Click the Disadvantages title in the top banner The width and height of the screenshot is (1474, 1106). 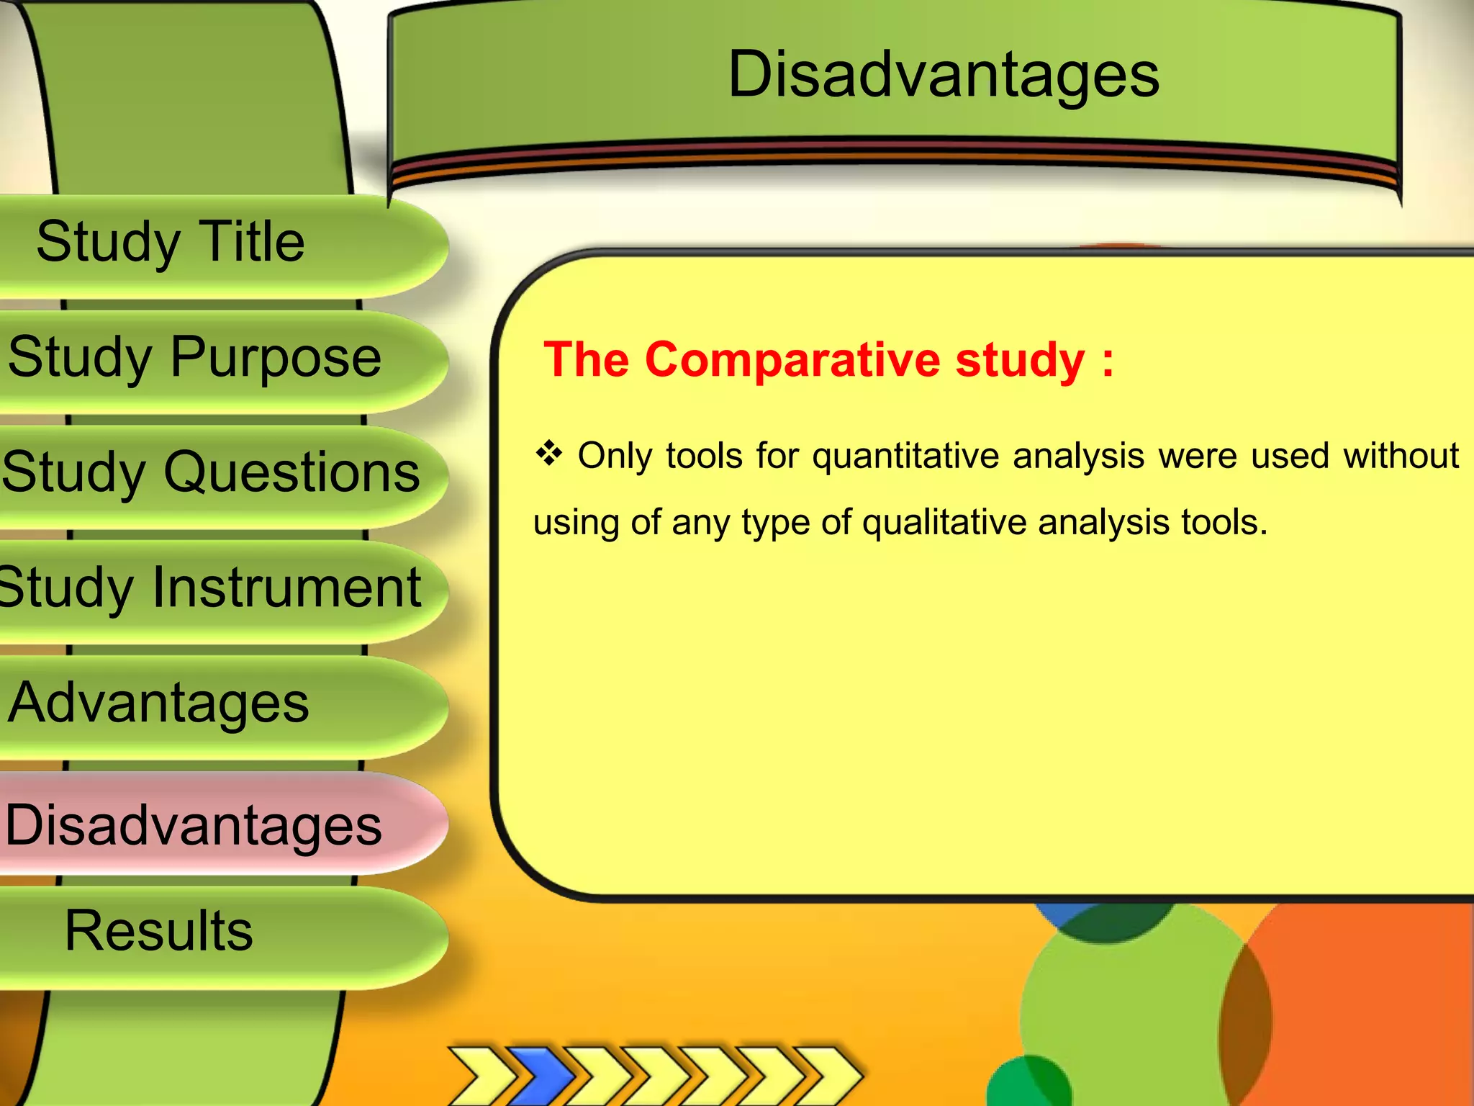coord(943,76)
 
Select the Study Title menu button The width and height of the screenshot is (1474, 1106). coord(171,242)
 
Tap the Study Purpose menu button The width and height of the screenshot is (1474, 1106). coord(194,357)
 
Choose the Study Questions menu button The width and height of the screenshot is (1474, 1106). coord(210,472)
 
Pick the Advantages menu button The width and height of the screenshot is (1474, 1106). coord(158,703)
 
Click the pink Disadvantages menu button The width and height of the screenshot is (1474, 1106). coord(193,824)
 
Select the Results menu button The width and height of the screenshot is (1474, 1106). coord(158,930)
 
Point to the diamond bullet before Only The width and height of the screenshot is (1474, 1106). coord(549,454)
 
